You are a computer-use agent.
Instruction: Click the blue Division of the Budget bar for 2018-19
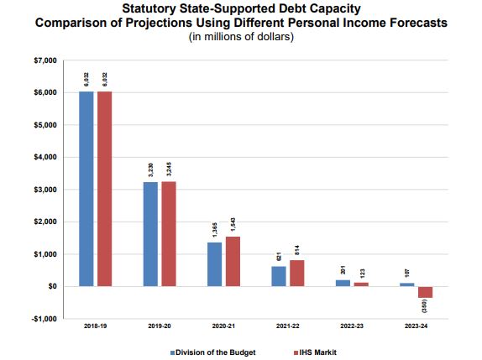[x=86, y=189]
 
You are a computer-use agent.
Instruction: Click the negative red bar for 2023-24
[x=425, y=292]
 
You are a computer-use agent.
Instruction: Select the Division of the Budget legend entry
[x=213, y=351]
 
